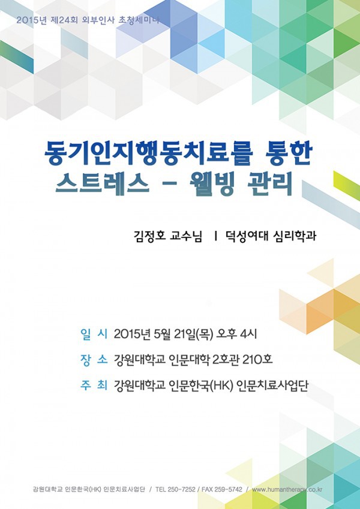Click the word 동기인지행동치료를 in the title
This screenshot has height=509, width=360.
click(148, 154)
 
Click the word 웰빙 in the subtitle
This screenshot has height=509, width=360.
click(212, 185)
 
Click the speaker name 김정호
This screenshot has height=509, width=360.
click(150, 236)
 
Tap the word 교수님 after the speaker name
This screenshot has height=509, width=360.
click(186, 236)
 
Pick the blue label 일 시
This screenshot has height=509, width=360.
click(94, 335)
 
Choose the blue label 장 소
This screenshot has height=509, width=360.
click(94, 360)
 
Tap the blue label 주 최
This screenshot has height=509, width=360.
click(94, 385)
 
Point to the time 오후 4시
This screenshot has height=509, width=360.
click(236, 335)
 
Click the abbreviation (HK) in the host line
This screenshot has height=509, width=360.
click(222, 386)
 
